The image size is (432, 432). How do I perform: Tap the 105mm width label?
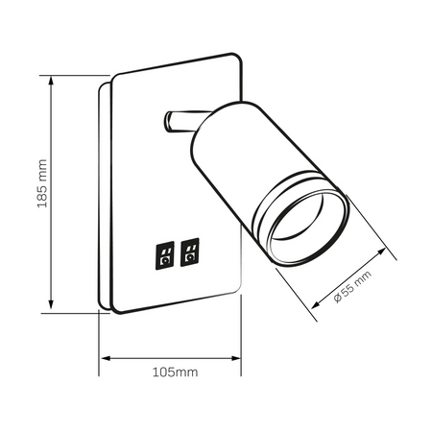176,372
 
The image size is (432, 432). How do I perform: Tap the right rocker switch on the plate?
190,251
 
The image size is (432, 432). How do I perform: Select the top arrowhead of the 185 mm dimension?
47,80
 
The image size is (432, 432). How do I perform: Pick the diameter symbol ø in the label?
339,298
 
